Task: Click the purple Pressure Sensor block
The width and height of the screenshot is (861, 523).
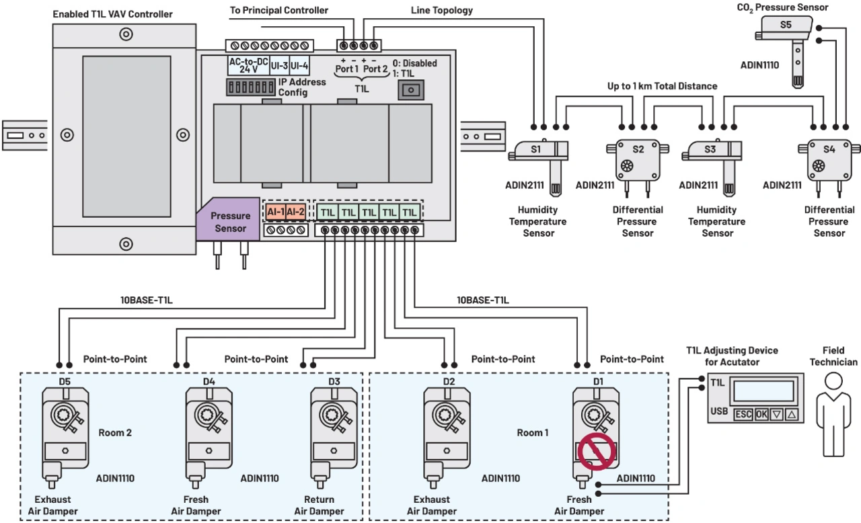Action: coord(229,221)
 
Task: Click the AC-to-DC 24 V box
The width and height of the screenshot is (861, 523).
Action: coord(249,65)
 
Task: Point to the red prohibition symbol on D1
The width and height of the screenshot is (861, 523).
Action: coord(597,451)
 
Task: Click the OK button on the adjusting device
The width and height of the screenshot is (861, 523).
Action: coord(761,414)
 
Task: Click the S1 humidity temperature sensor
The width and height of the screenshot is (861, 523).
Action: coord(539,151)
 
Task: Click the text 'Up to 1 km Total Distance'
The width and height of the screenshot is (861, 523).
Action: coord(662,86)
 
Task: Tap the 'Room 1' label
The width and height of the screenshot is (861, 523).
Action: coord(533,432)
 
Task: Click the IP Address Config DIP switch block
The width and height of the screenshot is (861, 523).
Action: coord(252,87)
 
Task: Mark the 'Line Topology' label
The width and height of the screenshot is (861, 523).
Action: coord(441,10)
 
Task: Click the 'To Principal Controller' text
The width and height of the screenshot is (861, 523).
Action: coord(279,10)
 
